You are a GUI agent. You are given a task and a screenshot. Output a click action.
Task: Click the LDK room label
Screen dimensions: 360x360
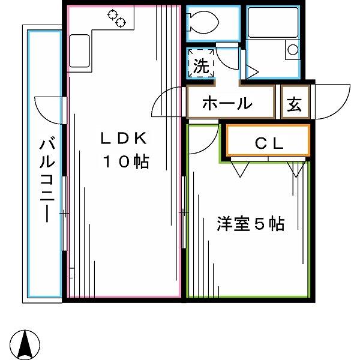coord(124,139)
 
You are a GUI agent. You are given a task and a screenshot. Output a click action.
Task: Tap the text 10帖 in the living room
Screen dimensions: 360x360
coord(126,161)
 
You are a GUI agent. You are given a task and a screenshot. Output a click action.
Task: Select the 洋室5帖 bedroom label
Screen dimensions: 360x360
coord(251,223)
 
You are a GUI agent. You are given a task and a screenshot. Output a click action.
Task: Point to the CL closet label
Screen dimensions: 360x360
coord(269,143)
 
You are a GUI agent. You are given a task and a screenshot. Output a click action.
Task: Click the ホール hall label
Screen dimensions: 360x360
coord(227,103)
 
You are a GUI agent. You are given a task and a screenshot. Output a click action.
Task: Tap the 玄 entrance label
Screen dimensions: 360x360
coord(295,104)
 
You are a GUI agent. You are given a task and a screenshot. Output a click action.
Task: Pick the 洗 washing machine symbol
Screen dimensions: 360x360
coord(201,63)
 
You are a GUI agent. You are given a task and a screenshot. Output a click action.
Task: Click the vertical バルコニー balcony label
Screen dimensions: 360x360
coord(47,179)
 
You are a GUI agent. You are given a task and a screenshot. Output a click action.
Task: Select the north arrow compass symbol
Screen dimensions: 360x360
coord(25,344)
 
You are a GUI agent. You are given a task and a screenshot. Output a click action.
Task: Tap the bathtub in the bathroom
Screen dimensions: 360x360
coord(273,22)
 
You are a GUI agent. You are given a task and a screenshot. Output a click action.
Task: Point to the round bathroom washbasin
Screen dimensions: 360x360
coord(293,50)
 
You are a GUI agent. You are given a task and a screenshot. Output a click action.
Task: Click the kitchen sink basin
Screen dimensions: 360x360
coord(79,51)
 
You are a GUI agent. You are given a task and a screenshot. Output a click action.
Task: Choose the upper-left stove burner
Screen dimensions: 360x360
coord(112,14)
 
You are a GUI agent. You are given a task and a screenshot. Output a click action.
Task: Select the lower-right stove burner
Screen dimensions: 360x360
coord(121,22)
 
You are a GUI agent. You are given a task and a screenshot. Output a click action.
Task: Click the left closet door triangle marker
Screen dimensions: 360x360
coord(240,169)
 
